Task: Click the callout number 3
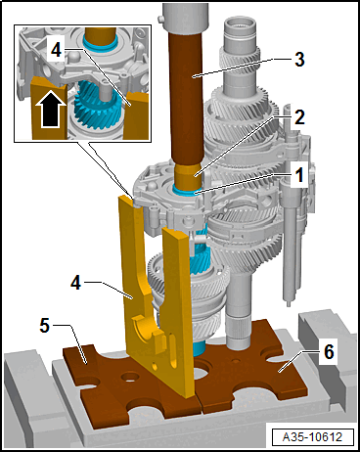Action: pos(299,60)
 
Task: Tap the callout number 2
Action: pos(299,116)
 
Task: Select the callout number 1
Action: pos(299,174)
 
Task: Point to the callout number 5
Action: pos(45,325)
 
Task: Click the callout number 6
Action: pos(330,352)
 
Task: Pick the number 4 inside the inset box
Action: pos(56,50)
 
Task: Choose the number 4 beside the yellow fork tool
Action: pos(75,282)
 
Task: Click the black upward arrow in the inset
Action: pos(50,109)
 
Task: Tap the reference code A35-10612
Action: pos(312,436)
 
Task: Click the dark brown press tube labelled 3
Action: pos(187,98)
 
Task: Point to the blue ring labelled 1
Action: pos(186,190)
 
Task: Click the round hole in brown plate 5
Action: pos(130,378)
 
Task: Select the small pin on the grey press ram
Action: pos(159,20)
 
